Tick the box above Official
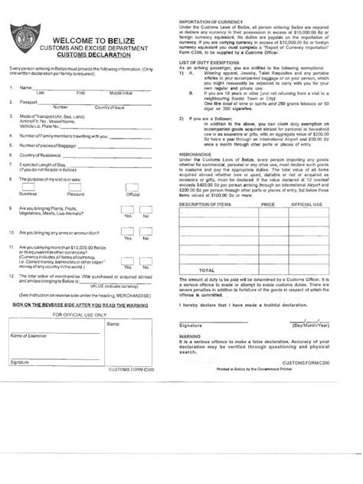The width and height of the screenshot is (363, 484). coord(132,187)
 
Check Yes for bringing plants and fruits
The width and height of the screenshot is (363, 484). coord(127,208)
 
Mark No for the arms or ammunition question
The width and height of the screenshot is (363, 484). coord(145,231)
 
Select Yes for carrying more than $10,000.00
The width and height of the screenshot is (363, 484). coord(127,253)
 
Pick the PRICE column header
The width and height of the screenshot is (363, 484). coord(267,205)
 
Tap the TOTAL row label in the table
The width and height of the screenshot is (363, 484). coord(207,270)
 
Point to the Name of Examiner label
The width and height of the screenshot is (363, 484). coord(28,335)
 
